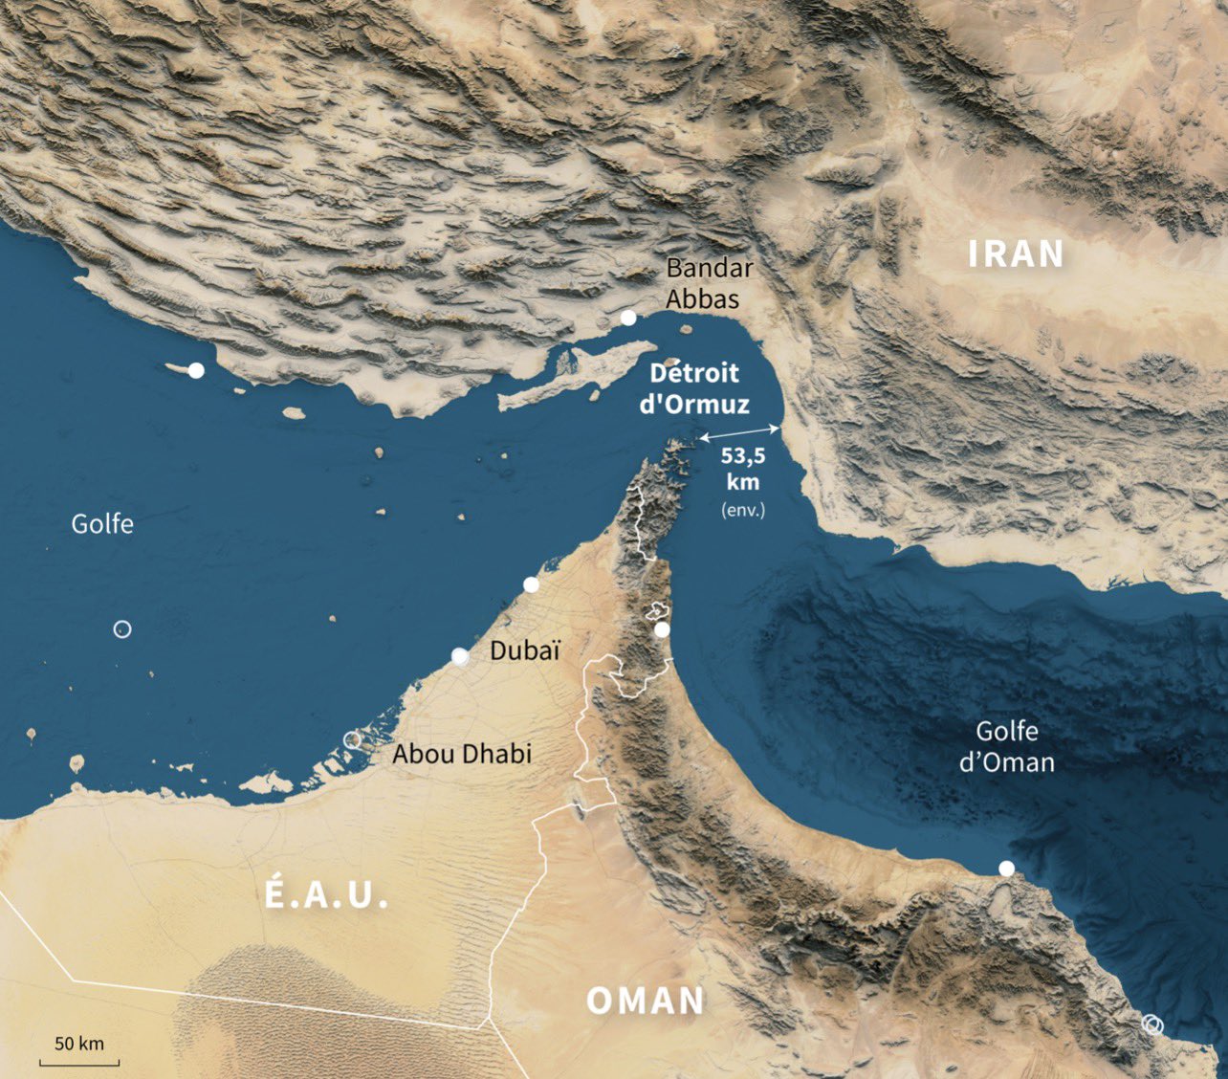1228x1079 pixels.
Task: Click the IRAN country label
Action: (x=1016, y=254)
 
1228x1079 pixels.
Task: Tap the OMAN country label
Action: (x=646, y=1002)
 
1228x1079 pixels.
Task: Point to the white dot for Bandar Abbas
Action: (x=628, y=318)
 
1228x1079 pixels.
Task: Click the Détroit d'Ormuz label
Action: (x=694, y=389)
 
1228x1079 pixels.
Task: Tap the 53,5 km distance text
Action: (x=743, y=469)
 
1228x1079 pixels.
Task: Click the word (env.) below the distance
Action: (x=743, y=510)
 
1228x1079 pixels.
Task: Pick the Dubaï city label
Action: (x=524, y=651)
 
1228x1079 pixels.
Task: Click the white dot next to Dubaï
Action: (x=460, y=656)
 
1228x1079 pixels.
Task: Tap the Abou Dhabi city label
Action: (x=462, y=754)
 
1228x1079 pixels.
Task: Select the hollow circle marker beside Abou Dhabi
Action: (x=352, y=739)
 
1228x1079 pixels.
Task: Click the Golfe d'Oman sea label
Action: (x=1006, y=747)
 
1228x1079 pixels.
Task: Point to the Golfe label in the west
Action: (x=102, y=524)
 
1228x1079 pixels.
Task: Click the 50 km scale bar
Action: (x=79, y=1060)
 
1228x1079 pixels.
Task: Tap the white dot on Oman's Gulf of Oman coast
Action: (x=1006, y=869)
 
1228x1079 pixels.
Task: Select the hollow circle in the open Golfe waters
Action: (x=121, y=629)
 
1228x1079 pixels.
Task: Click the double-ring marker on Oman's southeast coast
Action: (x=1152, y=1024)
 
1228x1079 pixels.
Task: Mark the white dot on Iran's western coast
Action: (x=196, y=370)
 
